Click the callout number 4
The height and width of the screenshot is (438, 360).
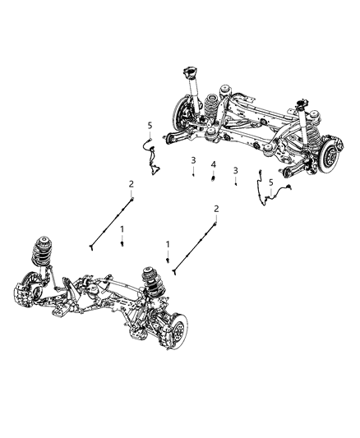click(213, 164)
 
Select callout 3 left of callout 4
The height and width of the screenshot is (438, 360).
click(193, 159)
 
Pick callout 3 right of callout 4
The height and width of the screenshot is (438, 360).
click(236, 170)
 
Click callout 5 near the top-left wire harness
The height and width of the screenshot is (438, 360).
click(149, 125)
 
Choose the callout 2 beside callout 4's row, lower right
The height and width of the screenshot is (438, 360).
click(216, 208)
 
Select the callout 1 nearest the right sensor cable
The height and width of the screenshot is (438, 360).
click(168, 244)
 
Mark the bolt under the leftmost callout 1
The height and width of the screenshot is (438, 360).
click(122, 242)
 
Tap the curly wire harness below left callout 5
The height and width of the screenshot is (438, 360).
click(150, 156)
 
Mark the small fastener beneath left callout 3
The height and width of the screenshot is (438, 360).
click(193, 174)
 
